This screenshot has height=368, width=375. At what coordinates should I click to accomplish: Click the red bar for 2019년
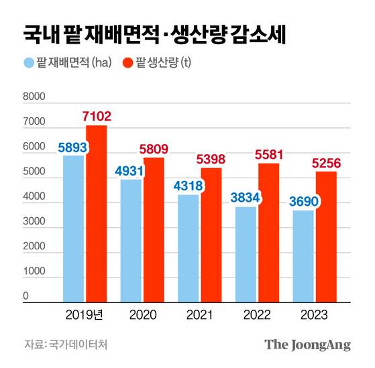click(96, 214)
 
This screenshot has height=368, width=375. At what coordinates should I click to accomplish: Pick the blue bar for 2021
click(189, 249)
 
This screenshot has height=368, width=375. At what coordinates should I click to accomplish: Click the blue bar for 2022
click(247, 255)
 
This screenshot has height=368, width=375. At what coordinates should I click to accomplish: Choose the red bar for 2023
click(327, 237)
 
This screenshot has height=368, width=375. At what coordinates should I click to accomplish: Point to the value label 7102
click(97, 117)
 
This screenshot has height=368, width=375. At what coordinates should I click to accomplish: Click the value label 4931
click(129, 171)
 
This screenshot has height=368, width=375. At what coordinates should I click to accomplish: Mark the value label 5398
click(212, 160)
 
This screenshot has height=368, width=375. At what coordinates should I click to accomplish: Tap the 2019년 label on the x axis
click(84, 314)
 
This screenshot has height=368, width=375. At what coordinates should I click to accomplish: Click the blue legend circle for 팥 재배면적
click(28, 64)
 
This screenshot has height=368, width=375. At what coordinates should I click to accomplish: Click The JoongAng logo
click(307, 345)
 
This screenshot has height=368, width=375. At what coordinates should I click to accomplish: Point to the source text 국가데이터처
click(78, 345)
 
